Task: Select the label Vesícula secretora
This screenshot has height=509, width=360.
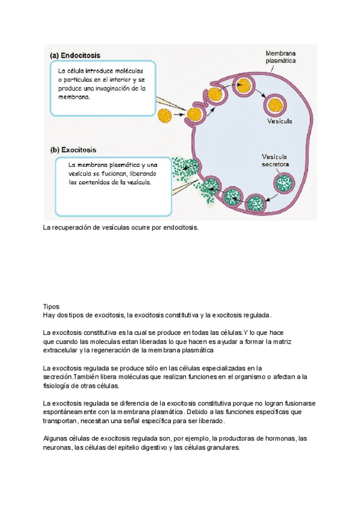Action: pyautogui.click(x=275, y=160)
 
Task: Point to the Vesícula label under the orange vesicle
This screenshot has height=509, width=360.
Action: pyautogui.click(x=279, y=121)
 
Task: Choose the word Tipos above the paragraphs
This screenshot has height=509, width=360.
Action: pyautogui.click(x=51, y=306)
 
